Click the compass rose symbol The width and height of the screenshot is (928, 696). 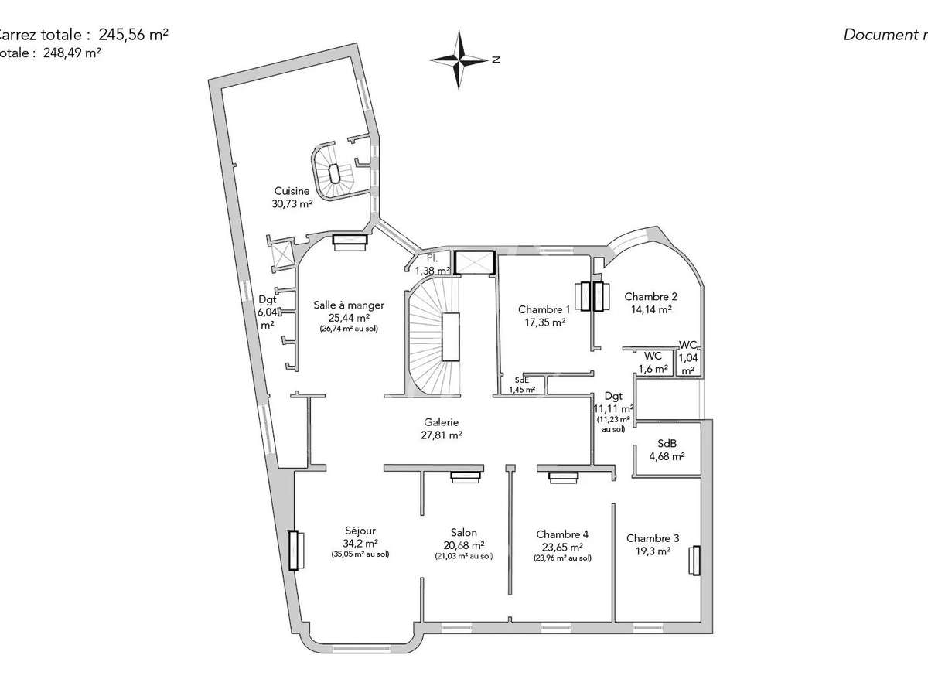point(462,60)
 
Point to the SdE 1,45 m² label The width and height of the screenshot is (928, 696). point(522,384)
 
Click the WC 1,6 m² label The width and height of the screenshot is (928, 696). point(652,363)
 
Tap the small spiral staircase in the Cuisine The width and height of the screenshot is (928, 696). point(334,175)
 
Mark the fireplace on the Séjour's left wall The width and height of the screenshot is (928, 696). point(293,550)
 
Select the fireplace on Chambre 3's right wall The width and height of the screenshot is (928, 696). point(695,560)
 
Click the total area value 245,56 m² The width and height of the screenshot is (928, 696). point(134,35)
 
